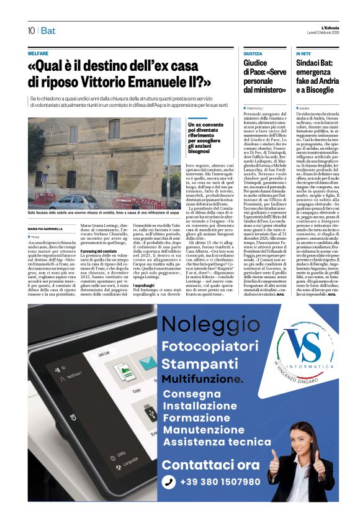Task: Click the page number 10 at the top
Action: click(31, 30)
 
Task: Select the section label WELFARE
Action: click(38, 53)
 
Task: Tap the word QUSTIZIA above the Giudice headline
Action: click(253, 54)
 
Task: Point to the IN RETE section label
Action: click(303, 54)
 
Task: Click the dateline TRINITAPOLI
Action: click(257, 108)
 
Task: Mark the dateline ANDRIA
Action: click(304, 108)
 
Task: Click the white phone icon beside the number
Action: click(169, 482)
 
